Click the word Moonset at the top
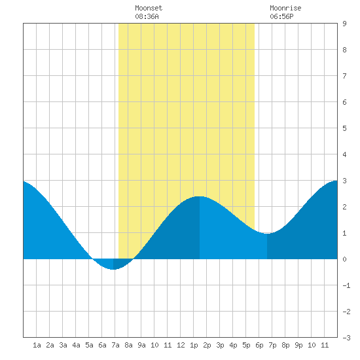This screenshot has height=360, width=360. pyautogui.click(x=149, y=8)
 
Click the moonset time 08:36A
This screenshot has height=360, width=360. pyautogui.click(x=147, y=16)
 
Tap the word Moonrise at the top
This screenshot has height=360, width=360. pyautogui.click(x=285, y=8)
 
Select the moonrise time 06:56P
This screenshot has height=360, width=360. pyautogui.click(x=281, y=16)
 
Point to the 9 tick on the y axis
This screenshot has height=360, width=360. pyautogui.click(x=344, y=24)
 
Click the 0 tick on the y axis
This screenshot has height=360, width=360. pyautogui.click(x=344, y=259)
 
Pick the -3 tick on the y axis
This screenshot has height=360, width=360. pyautogui.click(x=346, y=338)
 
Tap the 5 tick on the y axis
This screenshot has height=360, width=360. pyautogui.click(x=344, y=128)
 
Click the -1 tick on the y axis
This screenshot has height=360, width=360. pyautogui.click(x=346, y=285)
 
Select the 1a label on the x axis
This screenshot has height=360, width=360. pyautogui.click(x=37, y=345)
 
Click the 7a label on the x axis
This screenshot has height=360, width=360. pyautogui.click(x=115, y=345)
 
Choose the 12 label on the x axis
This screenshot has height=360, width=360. pyautogui.click(x=181, y=345)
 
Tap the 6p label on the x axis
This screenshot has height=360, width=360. pyautogui.click(x=259, y=345)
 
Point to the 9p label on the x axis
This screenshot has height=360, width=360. pyautogui.click(x=298, y=345)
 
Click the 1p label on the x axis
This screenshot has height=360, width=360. pyautogui.click(x=194, y=345)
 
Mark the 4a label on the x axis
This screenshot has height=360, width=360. pyautogui.click(x=76, y=345)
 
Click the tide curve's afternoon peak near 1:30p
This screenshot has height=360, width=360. pyautogui.click(x=200, y=196)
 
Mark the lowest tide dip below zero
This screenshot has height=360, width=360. pyautogui.click(x=113, y=269)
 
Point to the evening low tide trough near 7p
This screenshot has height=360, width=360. pyautogui.click(x=267, y=233)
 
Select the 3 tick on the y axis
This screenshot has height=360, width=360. pyautogui.click(x=344, y=181)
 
